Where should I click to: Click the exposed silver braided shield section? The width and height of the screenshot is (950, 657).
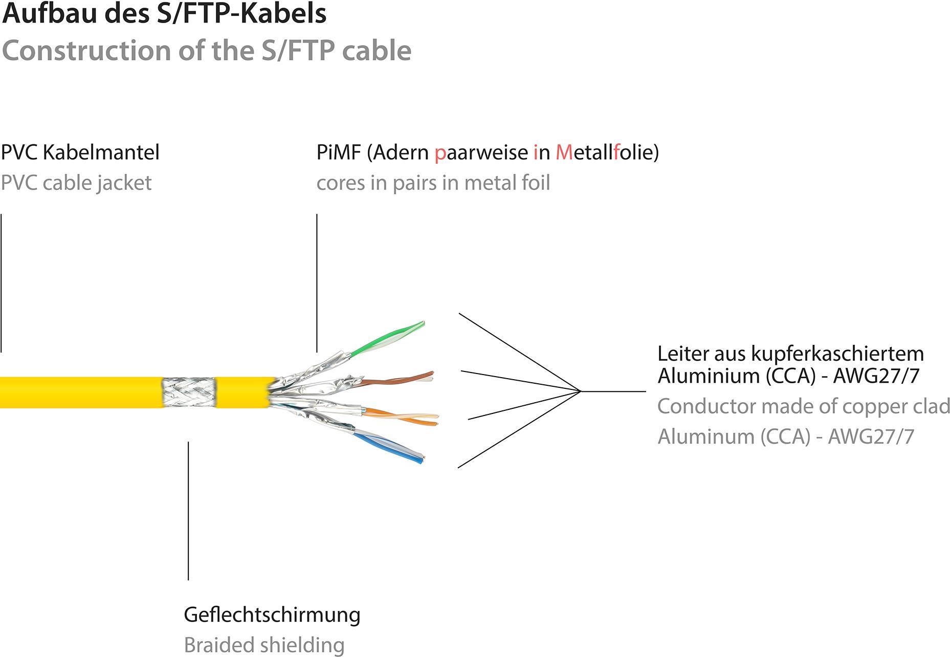(x=188, y=392)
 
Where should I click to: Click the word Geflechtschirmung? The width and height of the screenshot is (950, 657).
(x=272, y=615)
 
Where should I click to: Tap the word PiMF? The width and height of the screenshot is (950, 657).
(x=339, y=152)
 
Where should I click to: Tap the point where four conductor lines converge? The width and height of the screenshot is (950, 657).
(x=581, y=391)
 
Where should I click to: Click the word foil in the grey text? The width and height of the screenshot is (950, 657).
(x=535, y=183)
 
